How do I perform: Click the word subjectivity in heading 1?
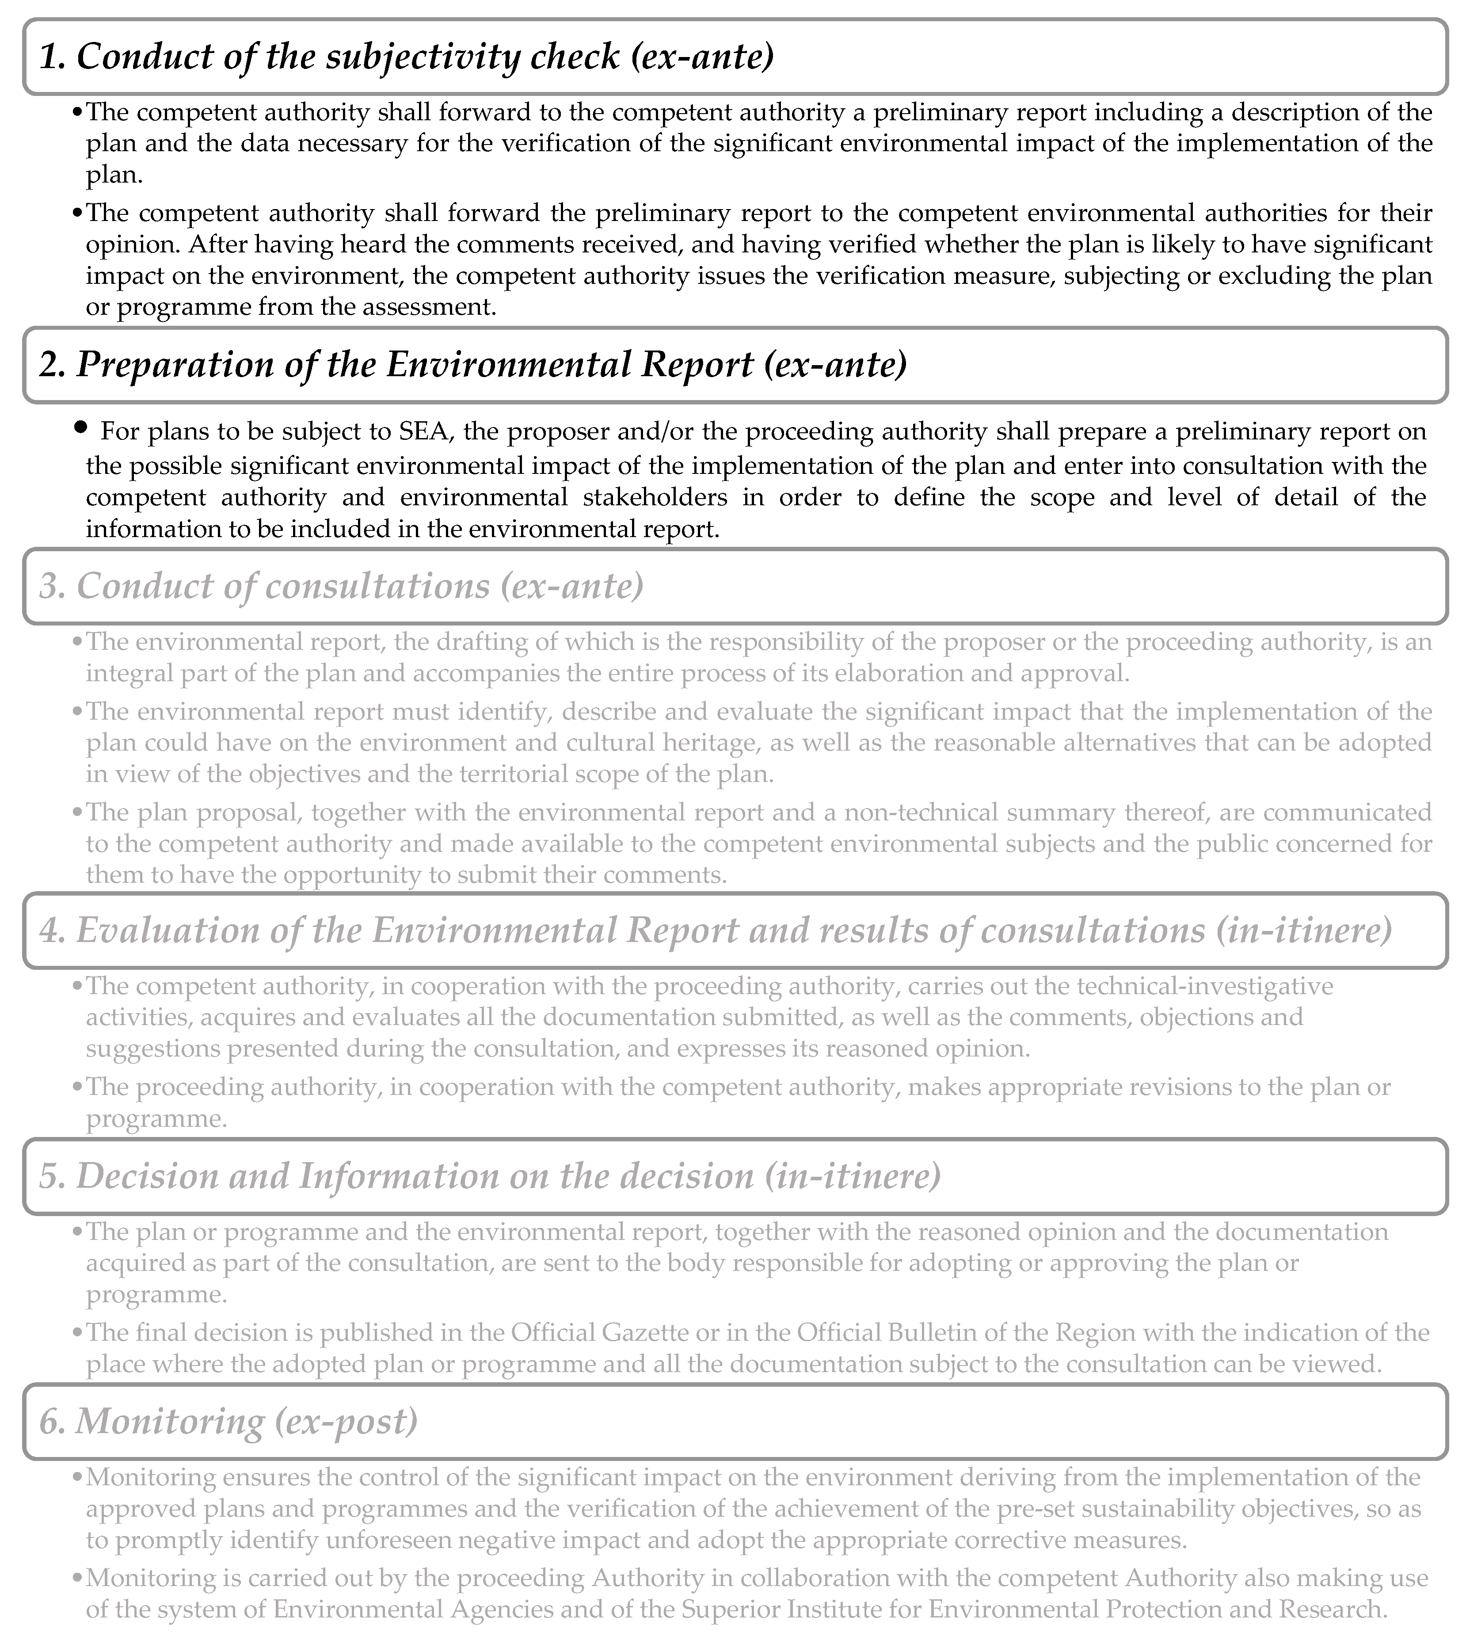click(x=420, y=57)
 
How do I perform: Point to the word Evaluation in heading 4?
click(x=167, y=931)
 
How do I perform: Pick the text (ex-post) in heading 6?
click(x=347, y=1422)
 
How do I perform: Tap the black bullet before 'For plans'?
click(x=79, y=428)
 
